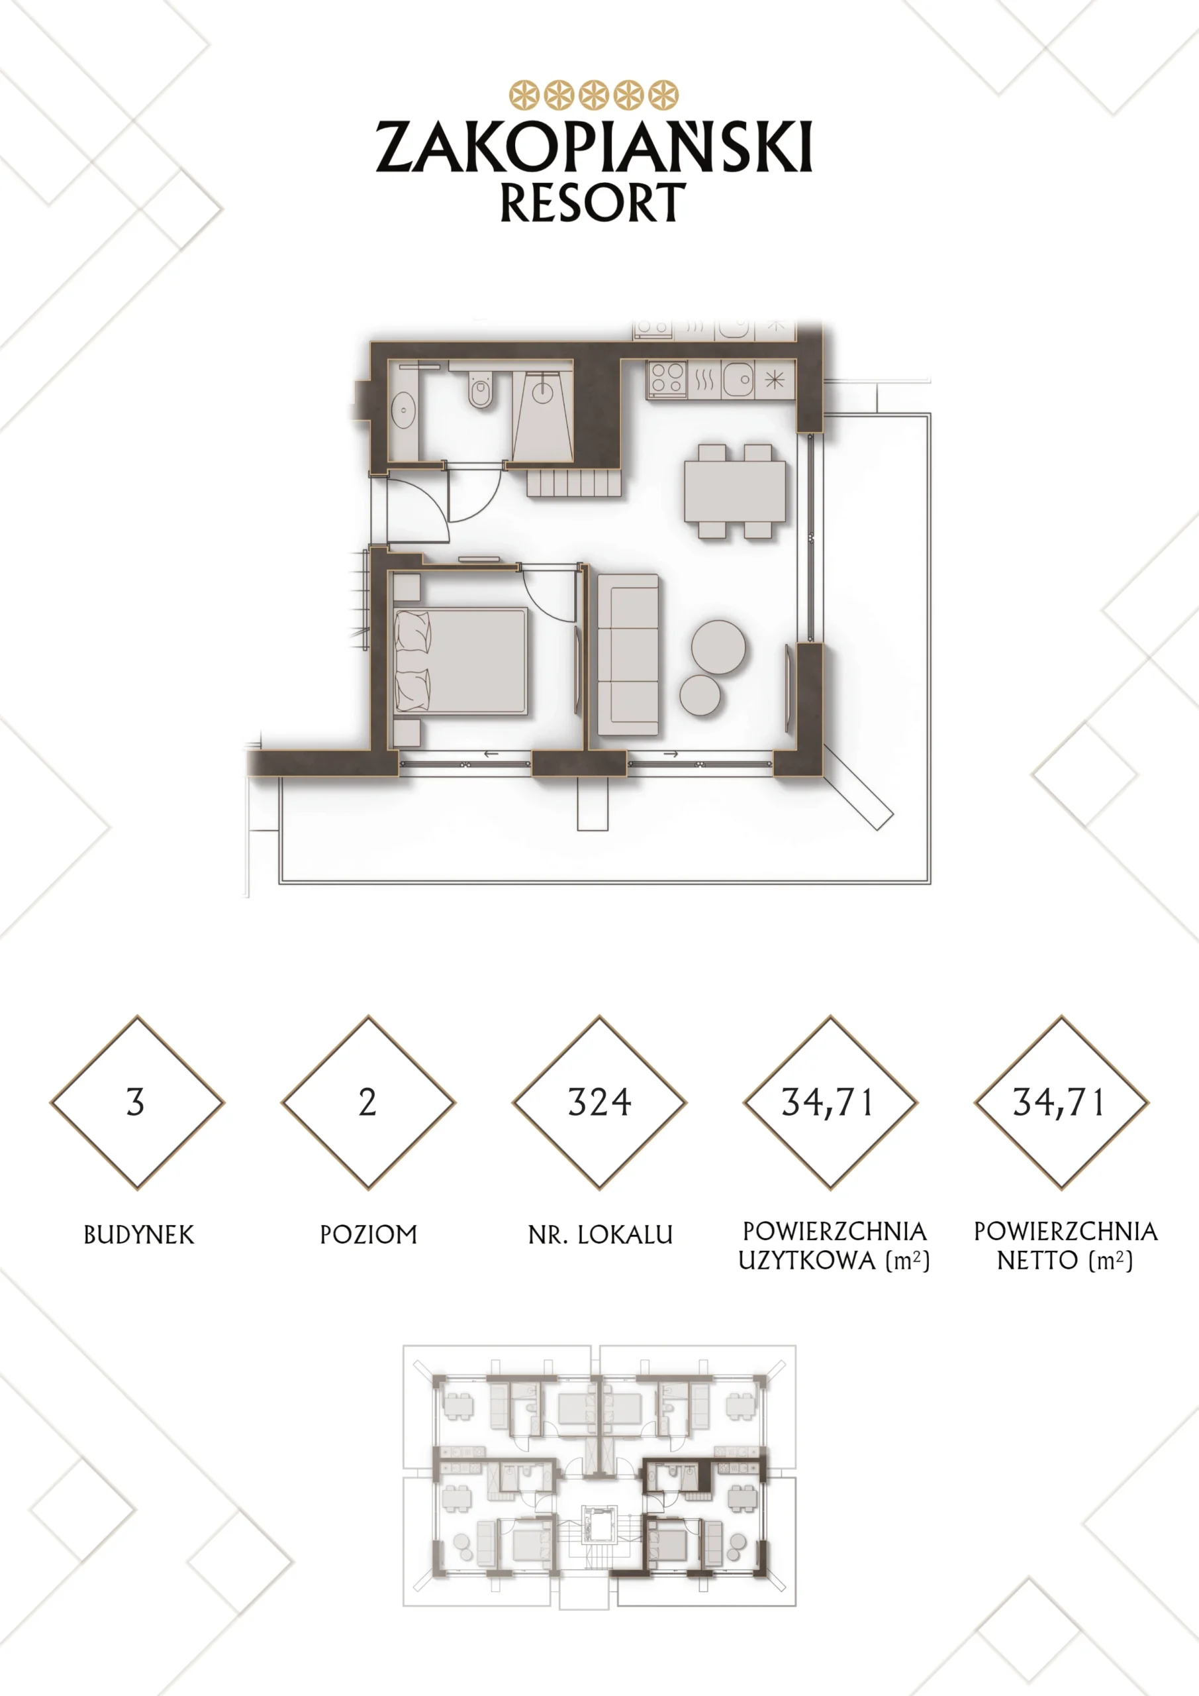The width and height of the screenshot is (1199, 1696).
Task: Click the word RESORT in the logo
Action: point(593,203)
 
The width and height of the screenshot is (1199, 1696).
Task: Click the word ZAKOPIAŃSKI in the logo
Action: point(595,147)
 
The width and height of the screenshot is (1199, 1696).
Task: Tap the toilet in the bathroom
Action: point(480,390)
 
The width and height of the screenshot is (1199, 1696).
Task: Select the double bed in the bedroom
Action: point(461,661)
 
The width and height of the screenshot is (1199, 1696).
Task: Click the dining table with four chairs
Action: point(735,491)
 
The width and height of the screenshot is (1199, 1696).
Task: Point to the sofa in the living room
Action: point(628,655)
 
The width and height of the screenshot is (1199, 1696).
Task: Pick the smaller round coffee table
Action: point(700,695)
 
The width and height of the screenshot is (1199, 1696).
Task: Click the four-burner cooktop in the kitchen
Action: point(667,380)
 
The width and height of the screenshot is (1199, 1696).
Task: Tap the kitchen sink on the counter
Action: point(738,380)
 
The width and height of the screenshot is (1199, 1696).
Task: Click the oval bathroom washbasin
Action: point(403,410)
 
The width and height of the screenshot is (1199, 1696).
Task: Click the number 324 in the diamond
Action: point(600,1103)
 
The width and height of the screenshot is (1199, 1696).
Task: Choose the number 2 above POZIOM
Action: point(367,1103)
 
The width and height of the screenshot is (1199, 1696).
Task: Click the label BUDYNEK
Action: point(139,1234)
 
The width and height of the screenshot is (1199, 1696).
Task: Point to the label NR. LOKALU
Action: point(600,1234)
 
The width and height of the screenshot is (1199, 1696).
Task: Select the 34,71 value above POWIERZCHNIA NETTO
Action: point(1059,1103)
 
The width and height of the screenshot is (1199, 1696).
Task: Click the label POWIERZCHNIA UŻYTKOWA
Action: point(835,1245)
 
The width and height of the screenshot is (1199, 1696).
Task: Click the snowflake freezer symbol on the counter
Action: point(775,380)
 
